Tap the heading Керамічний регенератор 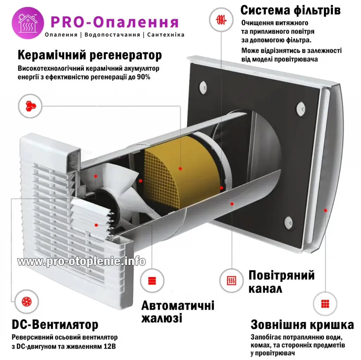(90, 55)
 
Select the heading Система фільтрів (290, 10)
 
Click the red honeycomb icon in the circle (30, 105)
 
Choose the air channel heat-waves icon (231, 281)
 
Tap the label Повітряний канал (281, 282)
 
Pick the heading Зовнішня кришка (302, 324)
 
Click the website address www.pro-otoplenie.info (81, 261)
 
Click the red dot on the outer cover (325, 210)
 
